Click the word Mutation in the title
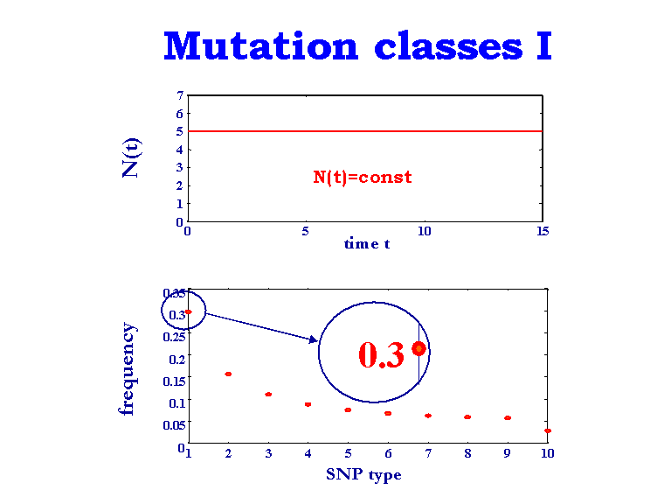(x=260, y=45)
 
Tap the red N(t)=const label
(x=363, y=177)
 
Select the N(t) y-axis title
(x=132, y=157)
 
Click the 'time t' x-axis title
(x=367, y=244)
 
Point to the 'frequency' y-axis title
(x=128, y=368)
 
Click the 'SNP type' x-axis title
(x=363, y=474)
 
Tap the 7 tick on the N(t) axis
(x=180, y=95)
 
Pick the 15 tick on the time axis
(x=543, y=232)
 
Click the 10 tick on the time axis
(x=424, y=232)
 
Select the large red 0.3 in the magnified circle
(x=381, y=354)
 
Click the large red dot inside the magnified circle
(x=419, y=348)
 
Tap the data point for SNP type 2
(x=228, y=374)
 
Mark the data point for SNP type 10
(x=547, y=430)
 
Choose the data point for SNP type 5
(x=348, y=409)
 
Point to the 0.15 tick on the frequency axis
(x=174, y=380)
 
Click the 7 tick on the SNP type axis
(x=427, y=453)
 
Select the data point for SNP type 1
(x=188, y=311)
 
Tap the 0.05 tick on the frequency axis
(x=174, y=424)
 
